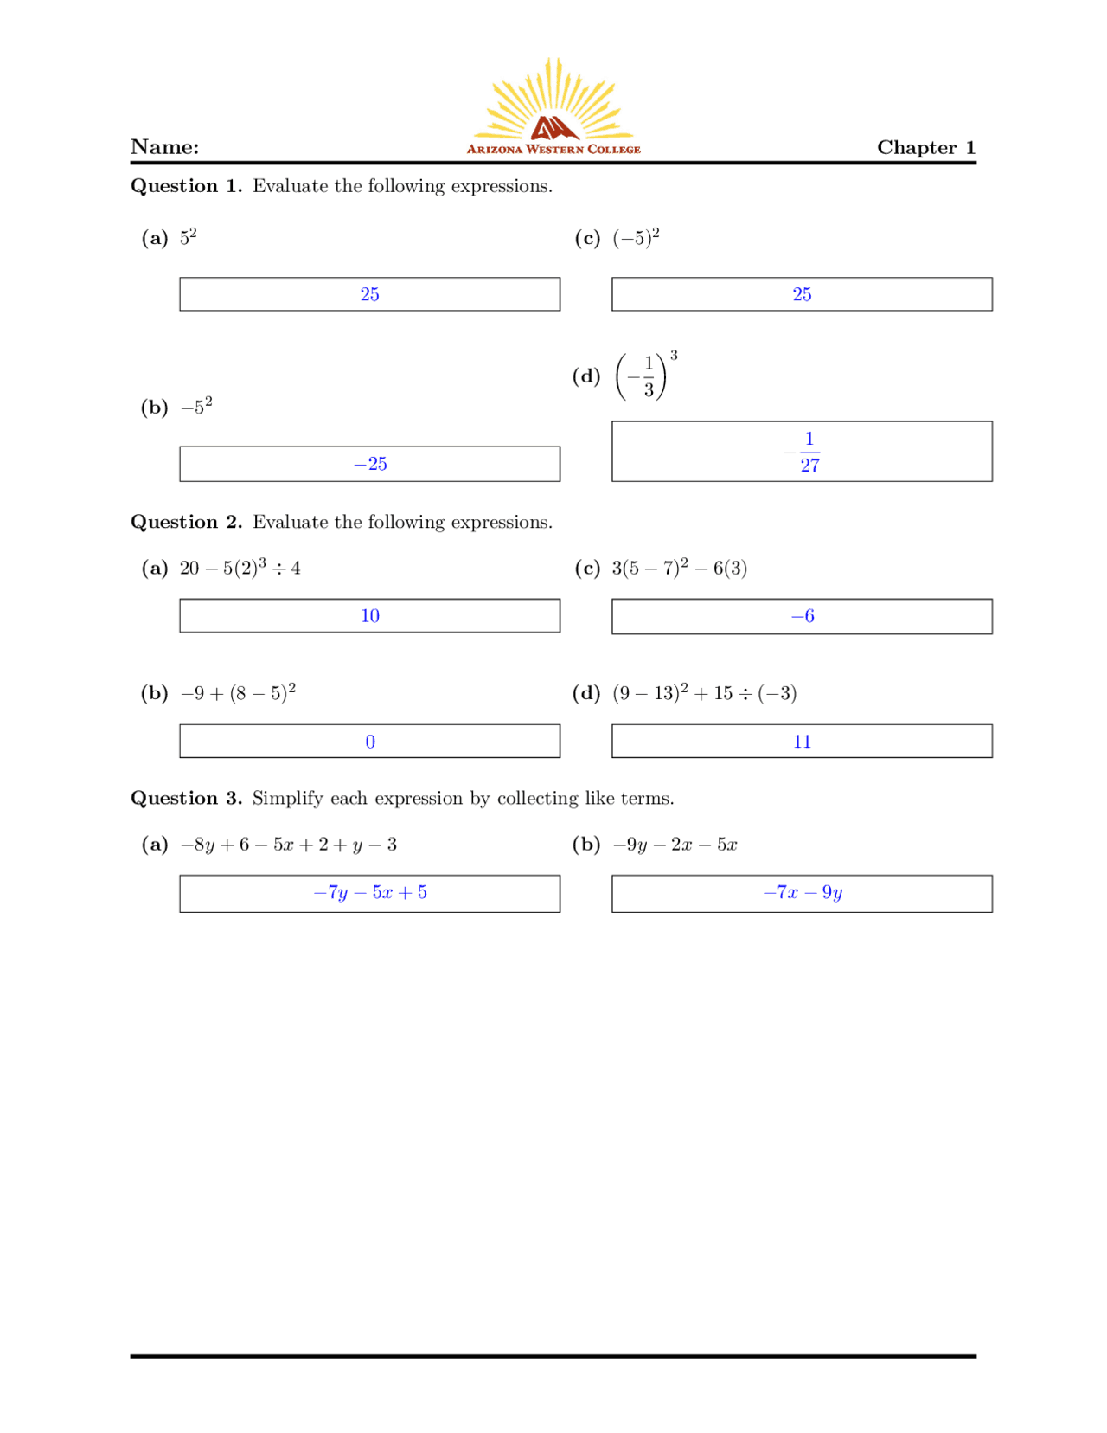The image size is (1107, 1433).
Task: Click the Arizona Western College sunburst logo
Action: (553, 108)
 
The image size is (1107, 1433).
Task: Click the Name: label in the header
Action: (164, 147)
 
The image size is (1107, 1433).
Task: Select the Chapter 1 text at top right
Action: (925, 147)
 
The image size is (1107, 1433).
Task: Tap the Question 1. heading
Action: (186, 186)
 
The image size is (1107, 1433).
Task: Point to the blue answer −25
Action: (370, 464)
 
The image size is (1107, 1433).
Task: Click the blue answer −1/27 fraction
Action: (803, 452)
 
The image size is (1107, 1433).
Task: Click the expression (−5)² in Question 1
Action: (636, 238)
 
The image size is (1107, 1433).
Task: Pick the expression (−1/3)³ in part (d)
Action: (645, 376)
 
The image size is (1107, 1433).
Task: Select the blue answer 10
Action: (370, 615)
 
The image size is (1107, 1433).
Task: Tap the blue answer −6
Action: (803, 616)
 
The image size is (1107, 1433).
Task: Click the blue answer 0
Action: (370, 742)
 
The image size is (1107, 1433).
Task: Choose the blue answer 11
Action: (803, 742)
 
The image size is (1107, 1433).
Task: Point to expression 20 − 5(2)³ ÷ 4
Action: (240, 568)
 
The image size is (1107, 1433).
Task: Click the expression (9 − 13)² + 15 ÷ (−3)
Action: (704, 693)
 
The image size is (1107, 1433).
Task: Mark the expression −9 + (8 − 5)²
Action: (238, 692)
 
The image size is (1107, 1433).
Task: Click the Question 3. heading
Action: (186, 798)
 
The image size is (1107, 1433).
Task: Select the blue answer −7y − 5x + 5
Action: (370, 892)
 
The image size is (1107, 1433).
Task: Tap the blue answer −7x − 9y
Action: (803, 892)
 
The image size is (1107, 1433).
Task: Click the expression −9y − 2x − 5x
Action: (675, 845)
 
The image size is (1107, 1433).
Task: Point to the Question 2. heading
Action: (186, 522)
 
